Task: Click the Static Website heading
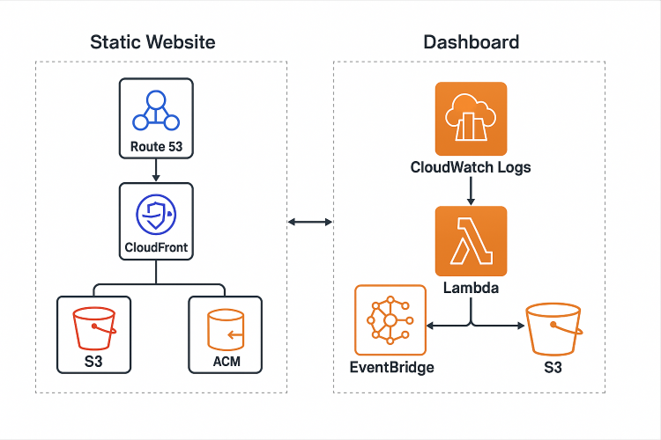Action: click(x=152, y=42)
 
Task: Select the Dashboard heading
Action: click(x=471, y=42)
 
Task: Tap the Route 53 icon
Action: click(x=156, y=111)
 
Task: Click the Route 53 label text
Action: click(x=156, y=147)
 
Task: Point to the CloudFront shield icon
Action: click(x=156, y=214)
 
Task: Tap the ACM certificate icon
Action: click(x=225, y=329)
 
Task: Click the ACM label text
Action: click(x=225, y=363)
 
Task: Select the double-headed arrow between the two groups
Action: click(x=309, y=222)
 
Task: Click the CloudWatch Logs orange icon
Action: click(x=471, y=119)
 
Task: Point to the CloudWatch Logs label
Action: click(x=471, y=167)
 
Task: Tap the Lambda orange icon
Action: click(x=471, y=242)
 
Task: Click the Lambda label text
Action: click(x=471, y=288)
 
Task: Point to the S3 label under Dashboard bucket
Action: click(x=553, y=366)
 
